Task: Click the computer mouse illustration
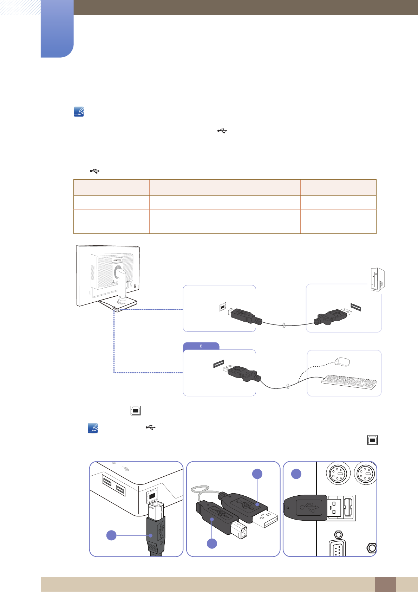point(342,362)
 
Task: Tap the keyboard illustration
point(349,382)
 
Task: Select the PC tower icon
point(378,279)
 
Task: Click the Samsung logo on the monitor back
point(117,260)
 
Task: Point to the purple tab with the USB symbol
point(201,346)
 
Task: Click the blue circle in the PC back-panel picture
point(296,474)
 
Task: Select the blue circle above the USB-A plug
point(257,474)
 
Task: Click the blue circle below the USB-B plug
point(212,543)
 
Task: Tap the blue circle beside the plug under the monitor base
point(111,535)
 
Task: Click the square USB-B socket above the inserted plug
point(152,496)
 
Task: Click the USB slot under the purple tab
point(218,364)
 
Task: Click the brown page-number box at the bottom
point(385,584)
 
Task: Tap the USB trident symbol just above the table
point(94,171)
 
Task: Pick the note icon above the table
point(79,112)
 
